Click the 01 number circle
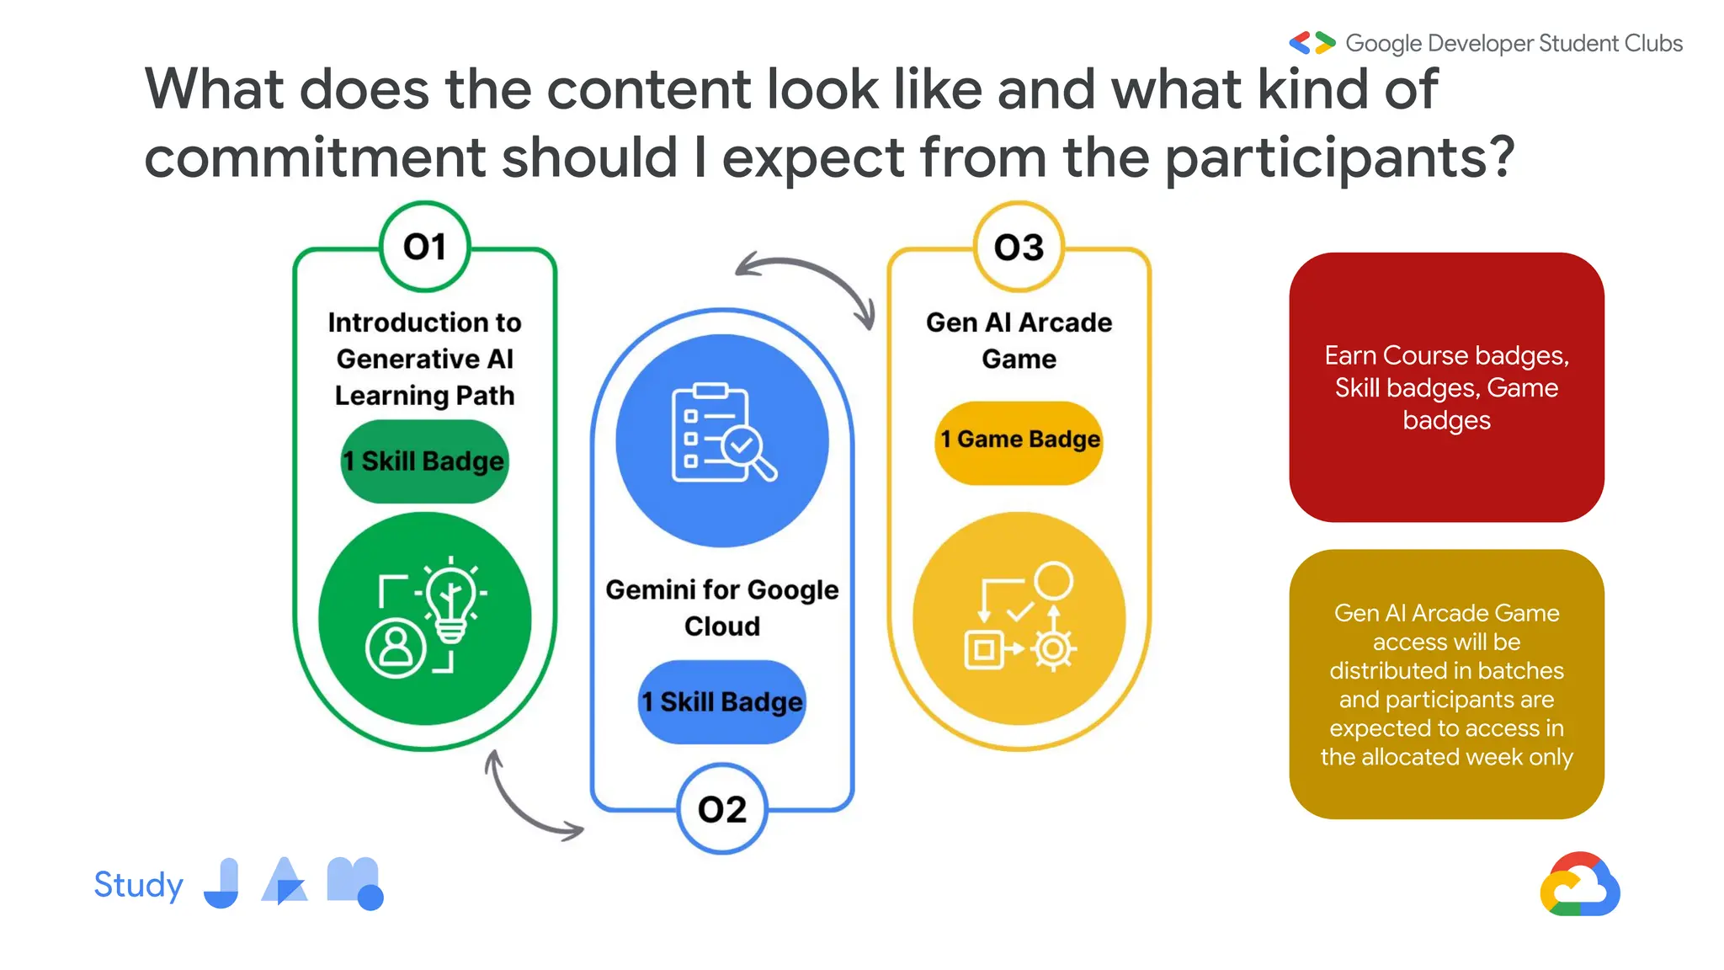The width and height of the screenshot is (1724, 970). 424,247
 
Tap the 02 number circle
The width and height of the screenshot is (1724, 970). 722,809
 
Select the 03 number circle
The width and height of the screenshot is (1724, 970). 1019,247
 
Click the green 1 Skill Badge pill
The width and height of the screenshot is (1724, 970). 424,461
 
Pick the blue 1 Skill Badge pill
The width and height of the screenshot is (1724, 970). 722,702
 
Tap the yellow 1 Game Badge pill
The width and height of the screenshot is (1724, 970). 1019,440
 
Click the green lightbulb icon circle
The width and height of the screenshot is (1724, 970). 424,618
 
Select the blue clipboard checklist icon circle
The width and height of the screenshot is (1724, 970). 722,440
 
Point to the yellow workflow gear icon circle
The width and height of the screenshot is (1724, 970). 1019,618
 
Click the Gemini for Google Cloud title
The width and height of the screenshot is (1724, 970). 722,607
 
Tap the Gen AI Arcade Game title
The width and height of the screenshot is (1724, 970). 1019,340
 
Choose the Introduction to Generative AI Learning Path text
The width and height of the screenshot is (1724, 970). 424,359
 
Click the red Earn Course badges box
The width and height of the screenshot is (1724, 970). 1446,387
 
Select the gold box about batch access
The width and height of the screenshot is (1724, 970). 1446,684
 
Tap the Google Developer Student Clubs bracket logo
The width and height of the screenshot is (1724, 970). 1312,43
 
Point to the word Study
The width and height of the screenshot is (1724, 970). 138,885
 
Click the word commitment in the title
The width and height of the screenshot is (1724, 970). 315,157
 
